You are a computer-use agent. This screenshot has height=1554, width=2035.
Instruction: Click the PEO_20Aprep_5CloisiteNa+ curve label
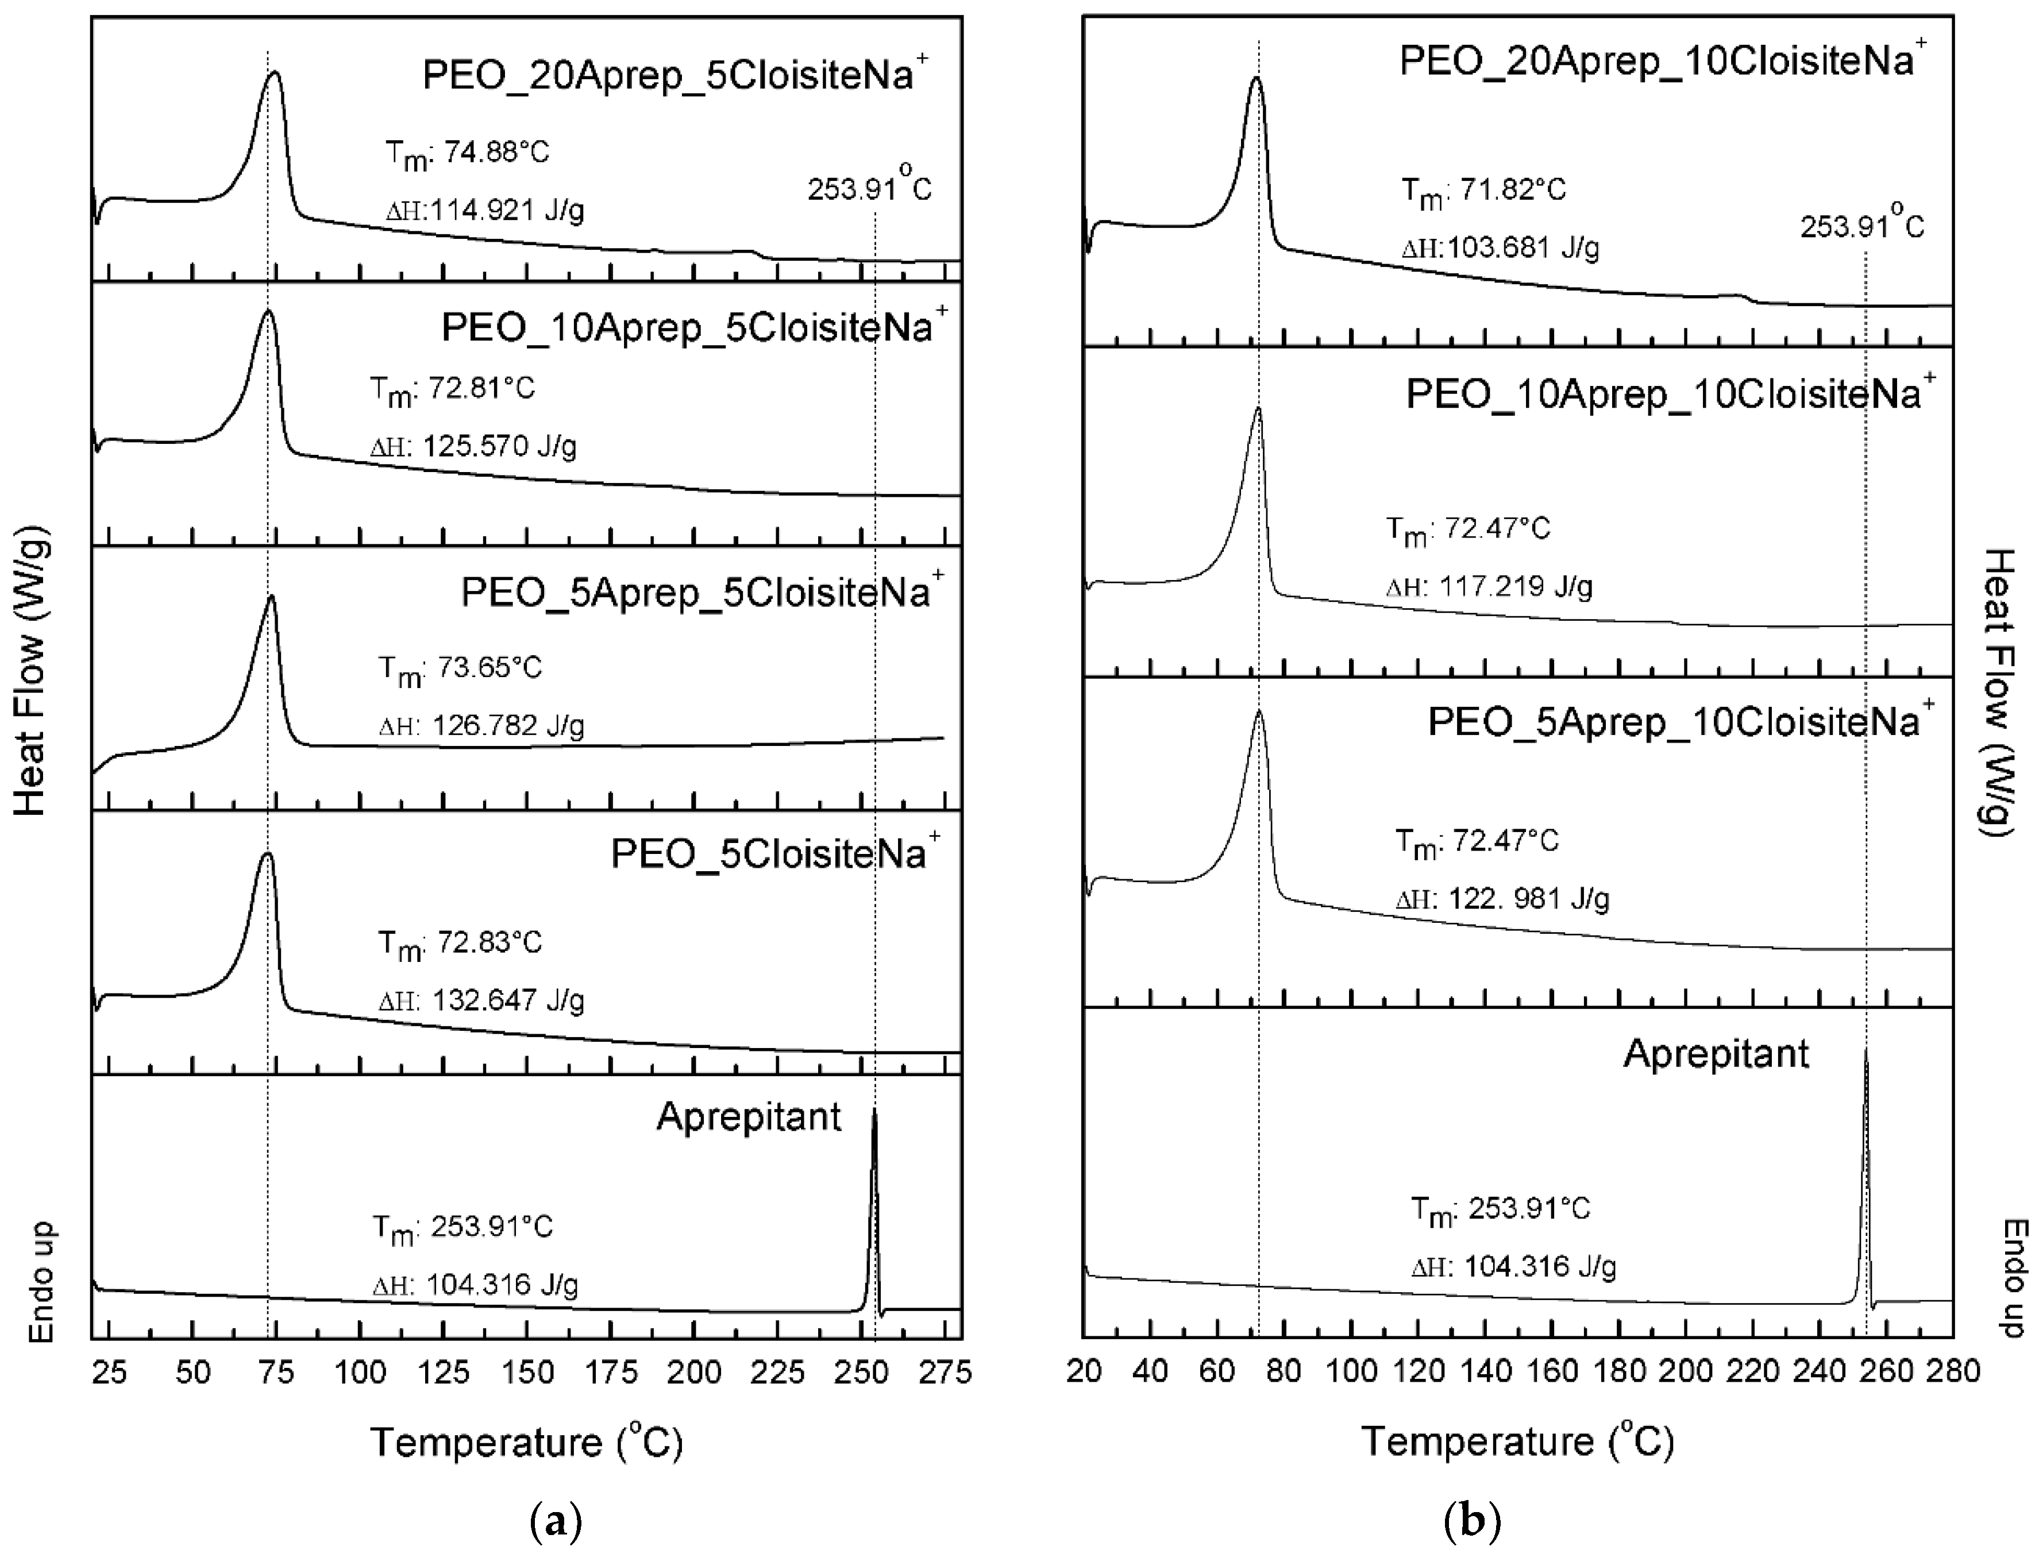tap(675, 74)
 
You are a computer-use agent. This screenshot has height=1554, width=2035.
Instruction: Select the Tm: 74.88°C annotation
tap(467, 153)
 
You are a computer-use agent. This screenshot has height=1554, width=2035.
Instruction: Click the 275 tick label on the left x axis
tap(945, 1372)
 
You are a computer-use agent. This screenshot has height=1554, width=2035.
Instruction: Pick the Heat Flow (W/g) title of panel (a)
tap(30, 678)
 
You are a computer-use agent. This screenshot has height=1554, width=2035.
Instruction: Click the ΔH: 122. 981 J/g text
tap(1502, 898)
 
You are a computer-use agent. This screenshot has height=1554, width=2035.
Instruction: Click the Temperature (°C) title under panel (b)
tap(1518, 1441)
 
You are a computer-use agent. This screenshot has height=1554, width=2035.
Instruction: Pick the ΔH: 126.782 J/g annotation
tap(481, 725)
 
